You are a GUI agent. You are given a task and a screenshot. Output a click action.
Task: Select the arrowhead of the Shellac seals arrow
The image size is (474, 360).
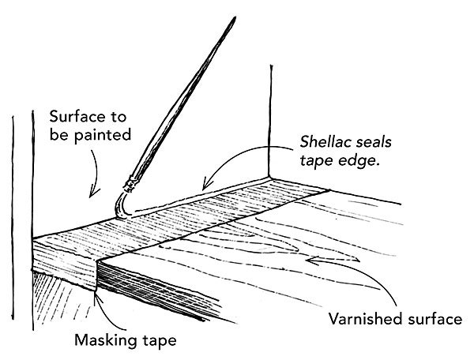click(x=203, y=182)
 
